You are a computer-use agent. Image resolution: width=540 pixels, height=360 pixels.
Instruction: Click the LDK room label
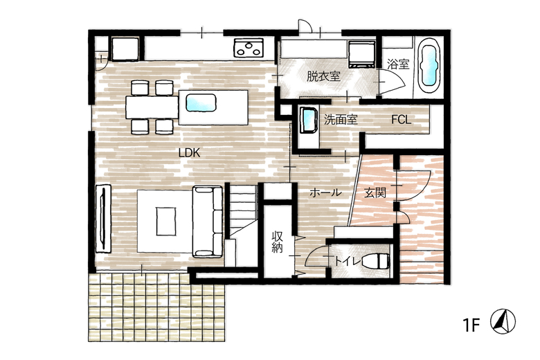[x=190, y=152]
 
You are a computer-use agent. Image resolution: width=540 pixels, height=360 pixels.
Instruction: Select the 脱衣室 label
[x=323, y=76]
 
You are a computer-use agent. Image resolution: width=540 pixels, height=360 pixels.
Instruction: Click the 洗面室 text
[x=341, y=120]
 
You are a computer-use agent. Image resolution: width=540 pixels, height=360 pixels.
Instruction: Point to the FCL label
[x=402, y=120]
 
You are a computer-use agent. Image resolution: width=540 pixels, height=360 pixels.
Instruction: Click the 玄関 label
[x=375, y=192]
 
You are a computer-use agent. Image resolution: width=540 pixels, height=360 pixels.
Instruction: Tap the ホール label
[x=325, y=192]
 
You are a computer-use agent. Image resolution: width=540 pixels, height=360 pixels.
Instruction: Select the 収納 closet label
[x=277, y=242]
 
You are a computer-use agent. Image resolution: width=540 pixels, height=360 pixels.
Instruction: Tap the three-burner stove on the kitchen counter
[x=248, y=48]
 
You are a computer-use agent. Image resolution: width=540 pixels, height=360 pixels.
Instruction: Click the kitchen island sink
[x=201, y=103]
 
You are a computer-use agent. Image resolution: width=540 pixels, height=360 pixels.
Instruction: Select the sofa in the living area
[x=207, y=222]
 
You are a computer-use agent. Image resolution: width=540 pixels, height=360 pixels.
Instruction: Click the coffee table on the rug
[x=166, y=221]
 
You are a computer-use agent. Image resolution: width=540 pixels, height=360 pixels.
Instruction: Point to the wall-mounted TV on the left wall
[x=103, y=218]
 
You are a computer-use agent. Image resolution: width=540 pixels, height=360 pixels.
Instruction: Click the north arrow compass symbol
[x=503, y=321]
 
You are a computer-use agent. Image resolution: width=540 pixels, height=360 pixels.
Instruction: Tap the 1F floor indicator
[x=471, y=325]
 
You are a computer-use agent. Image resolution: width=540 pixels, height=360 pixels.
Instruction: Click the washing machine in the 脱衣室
[x=361, y=55]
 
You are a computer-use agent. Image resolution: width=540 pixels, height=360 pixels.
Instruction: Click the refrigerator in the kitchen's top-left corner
[x=125, y=48]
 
